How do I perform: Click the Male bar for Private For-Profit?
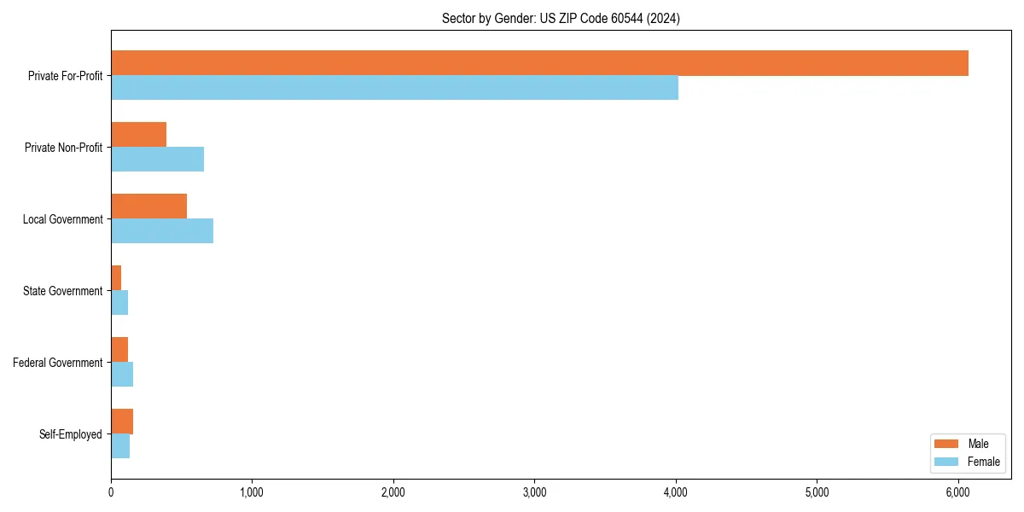tap(539, 63)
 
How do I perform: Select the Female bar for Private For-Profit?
tap(394, 88)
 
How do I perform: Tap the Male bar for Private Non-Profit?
tap(138, 135)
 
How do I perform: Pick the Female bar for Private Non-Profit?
tap(157, 160)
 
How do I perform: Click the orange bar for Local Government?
tap(148, 207)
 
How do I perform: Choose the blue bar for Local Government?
tap(162, 231)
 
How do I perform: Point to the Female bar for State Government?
tap(119, 303)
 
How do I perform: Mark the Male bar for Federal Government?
tap(119, 350)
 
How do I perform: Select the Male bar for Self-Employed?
tap(122, 422)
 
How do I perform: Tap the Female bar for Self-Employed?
tap(120, 446)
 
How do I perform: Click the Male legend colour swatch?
tap(946, 444)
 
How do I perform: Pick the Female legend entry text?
tap(983, 462)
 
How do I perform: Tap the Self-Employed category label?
tap(70, 434)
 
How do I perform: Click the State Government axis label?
tap(62, 291)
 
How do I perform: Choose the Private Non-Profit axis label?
tap(63, 148)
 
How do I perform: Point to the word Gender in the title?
tap(515, 18)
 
